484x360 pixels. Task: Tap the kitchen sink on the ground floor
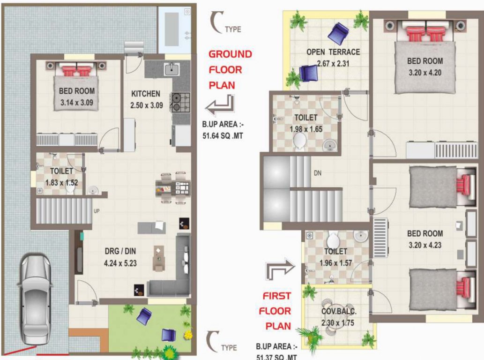pos(171,70)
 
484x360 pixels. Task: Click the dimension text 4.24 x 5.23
pos(120,263)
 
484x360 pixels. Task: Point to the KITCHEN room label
pos(146,94)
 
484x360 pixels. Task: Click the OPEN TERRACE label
pos(333,52)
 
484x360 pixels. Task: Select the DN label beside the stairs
pos(317,172)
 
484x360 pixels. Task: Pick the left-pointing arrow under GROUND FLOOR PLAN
pos(219,106)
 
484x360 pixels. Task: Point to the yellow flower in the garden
pos(188,335)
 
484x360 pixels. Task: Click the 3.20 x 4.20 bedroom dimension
pos(424,73)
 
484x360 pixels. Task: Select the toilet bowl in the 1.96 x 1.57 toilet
pos(333,241)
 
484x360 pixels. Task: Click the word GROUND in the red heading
pos(230,54)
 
